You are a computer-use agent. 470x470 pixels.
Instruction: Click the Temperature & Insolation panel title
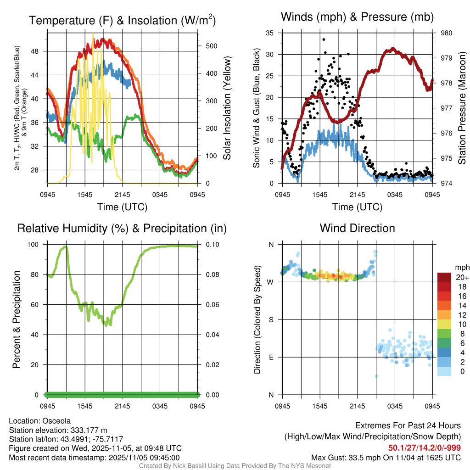123,20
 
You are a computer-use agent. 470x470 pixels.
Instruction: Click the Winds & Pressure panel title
357,17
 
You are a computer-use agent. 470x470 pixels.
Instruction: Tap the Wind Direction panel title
357,228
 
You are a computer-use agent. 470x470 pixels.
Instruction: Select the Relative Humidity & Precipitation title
122,228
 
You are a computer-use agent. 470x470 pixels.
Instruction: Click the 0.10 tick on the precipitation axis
212,244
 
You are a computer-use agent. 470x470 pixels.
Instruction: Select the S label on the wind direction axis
271,319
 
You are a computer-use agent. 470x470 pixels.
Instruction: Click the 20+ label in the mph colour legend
461,277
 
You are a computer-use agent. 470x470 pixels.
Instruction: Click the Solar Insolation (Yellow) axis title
227,108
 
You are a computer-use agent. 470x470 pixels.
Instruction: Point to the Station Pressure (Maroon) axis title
462,108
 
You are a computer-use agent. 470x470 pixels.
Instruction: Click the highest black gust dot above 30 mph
324,40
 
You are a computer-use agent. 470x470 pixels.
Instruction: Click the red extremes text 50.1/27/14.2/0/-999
425,448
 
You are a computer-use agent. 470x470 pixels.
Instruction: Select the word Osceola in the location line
56,421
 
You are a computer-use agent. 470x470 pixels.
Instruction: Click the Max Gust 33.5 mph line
386,457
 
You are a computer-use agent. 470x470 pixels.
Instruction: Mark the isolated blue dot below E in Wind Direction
376,376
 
